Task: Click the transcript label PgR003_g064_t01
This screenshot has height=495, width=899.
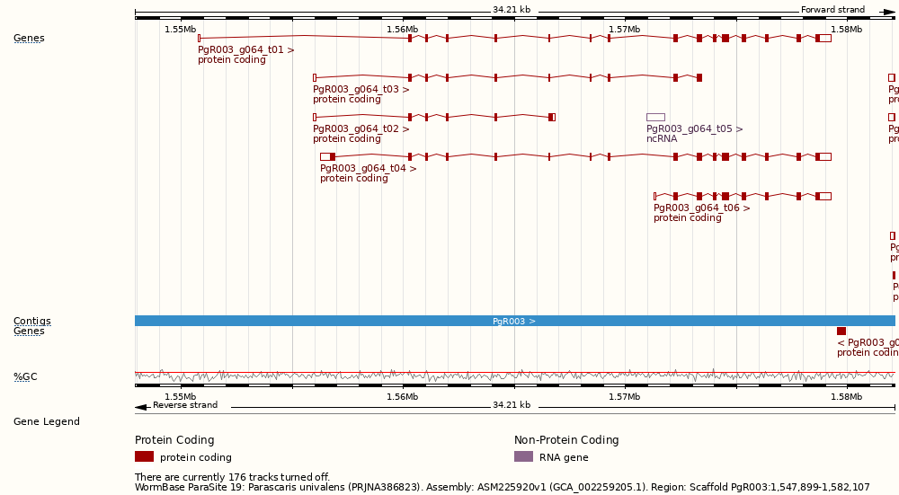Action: (x=245, y=50)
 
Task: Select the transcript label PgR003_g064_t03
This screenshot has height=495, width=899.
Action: (x=360, y=90)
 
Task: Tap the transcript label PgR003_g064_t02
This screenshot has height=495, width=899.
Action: (x=360, y=129)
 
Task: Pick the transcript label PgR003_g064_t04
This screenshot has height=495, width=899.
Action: (x=368, y=169)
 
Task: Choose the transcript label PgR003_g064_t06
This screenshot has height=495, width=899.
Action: (x=701, y=208)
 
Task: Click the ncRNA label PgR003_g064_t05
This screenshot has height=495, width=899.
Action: (x=694, y=129)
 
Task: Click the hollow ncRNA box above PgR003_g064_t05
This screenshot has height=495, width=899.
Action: (x=655, y=117)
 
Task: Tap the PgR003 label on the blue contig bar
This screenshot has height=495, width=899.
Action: (x=513, y=321)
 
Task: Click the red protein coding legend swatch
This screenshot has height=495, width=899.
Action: (x=144, y=456)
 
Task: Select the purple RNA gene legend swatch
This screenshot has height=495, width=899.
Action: (x=523, y=456)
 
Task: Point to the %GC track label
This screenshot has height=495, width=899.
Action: (x=25, y=377)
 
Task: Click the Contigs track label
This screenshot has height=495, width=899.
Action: (x=31, y=321)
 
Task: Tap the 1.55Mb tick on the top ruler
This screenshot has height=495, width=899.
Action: (x=180, y=30)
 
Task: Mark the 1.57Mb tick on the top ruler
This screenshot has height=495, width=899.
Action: (x=624, y=30)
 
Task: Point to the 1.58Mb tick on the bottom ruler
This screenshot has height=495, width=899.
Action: (x=846, y=397)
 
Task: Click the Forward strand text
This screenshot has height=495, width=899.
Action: (x=832, y=11)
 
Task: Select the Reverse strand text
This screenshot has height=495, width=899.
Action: (x=184, y=405)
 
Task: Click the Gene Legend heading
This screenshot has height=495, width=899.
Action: (x=46, y=422)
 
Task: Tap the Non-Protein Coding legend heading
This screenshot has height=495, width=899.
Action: (x=566, y=440)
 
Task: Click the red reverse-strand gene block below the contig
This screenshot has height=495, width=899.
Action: (x=841, y=331)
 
